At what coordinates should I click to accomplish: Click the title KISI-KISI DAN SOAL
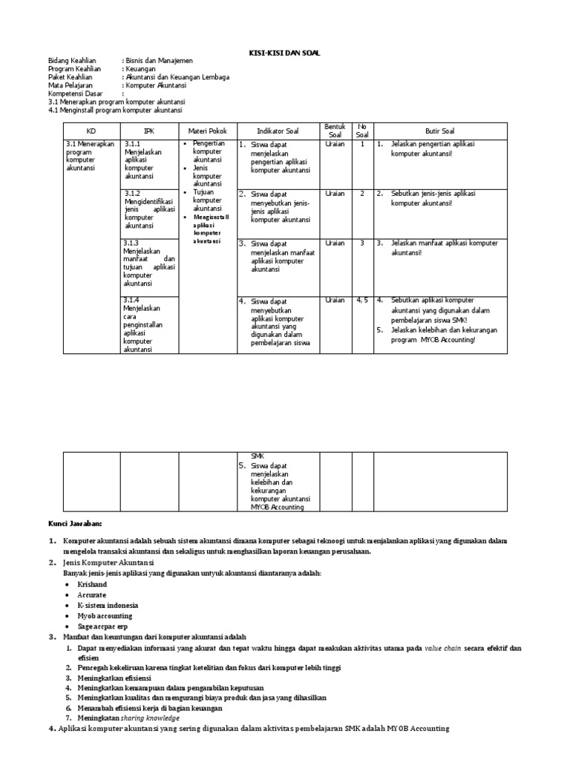(284, 53)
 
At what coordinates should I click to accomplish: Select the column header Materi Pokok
(207, 131)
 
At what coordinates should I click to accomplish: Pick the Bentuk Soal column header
(335, 131)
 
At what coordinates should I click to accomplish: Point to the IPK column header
(148, 131)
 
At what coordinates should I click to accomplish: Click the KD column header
(91, 131)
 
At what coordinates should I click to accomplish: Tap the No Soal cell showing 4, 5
(361, 300)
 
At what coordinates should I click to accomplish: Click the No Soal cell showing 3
(361, 243)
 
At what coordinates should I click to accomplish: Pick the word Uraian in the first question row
(335, 144)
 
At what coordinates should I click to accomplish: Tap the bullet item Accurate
(91, 595)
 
